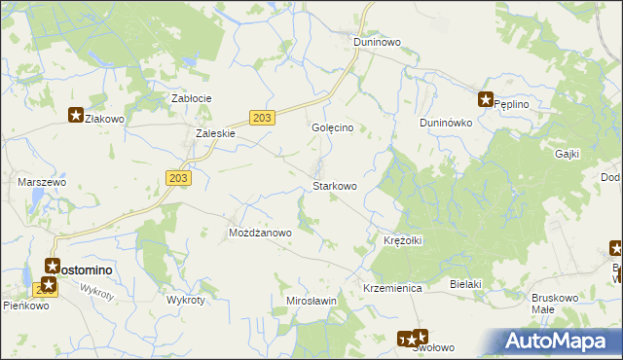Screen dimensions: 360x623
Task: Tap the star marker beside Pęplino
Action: pyautogui.click(x=485, y=98)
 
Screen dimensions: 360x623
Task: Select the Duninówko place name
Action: pyautogui.click(x=446, y=124)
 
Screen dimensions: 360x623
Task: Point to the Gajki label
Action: pyautogui.click(x=567, y=154)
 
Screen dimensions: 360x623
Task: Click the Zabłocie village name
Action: pyautogui.click(x=192, y=98)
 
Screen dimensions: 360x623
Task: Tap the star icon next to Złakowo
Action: pyautogui.click(x=75, y=115)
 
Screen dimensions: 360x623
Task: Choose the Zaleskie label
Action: pyautogui.click(x=216, y=134)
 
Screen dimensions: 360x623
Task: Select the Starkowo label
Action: pyautogui.click(x=334, y=186)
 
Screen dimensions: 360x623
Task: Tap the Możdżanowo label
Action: pyautogui.click(x=260, y=234)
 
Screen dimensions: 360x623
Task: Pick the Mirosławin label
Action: pyautogui.click(x=311, y=301)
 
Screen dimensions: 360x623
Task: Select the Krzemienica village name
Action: pyautogui.click(x=391, y=289)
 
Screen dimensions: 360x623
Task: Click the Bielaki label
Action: pyautogui.click(x=467, y=283)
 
